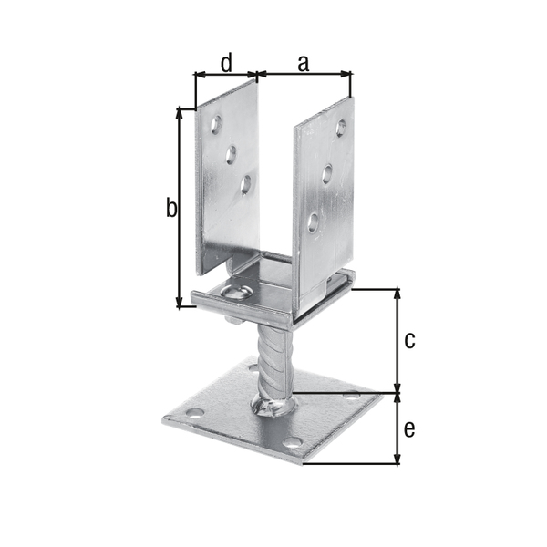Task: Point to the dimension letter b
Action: click(170, 209)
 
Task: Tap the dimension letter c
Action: click(409, 340)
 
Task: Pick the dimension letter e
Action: click(409, 428)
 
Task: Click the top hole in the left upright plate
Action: click(216, 121)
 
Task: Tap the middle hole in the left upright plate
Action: click(231, 153)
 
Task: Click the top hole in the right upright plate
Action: click(341, 128)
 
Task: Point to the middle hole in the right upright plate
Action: click(326, 173)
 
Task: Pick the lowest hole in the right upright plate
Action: click(313, 221)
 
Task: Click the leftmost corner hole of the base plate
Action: click(191, 413)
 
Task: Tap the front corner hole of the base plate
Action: click(291, 443)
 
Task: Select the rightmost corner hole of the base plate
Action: click(352, 397)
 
